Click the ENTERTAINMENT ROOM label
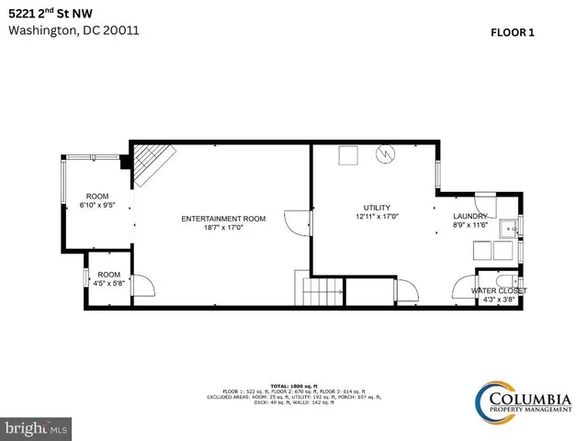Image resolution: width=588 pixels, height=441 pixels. point(223,219)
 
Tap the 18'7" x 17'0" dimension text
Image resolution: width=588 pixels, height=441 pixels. point(223,228)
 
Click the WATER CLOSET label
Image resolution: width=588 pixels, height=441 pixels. point(499,290)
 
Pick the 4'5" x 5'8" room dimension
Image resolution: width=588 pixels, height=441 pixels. point(109,284)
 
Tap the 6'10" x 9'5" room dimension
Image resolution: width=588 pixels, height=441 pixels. point(97,206)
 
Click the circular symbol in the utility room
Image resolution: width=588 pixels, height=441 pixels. point(383,155)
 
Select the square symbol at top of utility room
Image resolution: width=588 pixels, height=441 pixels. point(347,156)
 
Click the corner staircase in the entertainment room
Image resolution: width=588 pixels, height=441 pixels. point(147,164)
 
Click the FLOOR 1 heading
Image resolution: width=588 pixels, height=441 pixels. point(513,31)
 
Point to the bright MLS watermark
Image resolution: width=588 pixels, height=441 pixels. point(36,428)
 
